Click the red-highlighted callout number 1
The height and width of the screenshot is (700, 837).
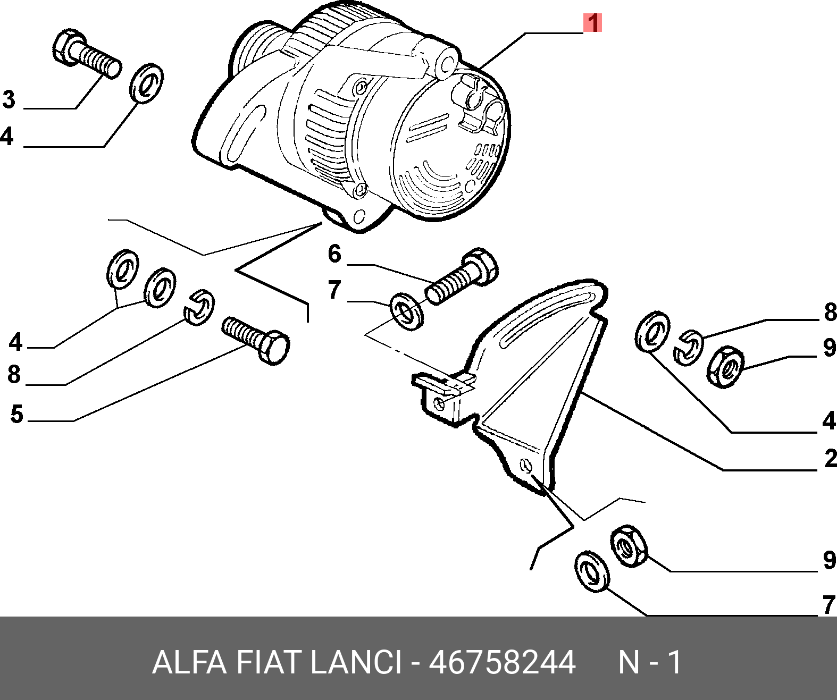coord(592,23)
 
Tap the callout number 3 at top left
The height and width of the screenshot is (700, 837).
coord(9,99)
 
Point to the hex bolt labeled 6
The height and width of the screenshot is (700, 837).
coord(462,277)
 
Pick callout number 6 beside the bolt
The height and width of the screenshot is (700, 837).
coord(334,254)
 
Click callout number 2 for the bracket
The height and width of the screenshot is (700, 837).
coord(830,458)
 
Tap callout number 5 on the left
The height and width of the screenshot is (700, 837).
coord(16,414)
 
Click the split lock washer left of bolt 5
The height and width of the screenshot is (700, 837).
coord(199,307)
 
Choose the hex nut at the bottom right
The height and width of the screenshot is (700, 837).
coord(629,546)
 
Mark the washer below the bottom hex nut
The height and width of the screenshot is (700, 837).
coord(592,571)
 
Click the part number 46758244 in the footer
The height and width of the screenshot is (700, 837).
coord(501,662)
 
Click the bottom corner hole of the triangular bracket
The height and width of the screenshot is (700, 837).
coord(526,466)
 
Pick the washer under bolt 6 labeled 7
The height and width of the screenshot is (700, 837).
coord(407,311)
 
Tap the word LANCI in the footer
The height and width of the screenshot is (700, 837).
coord(355,662)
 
